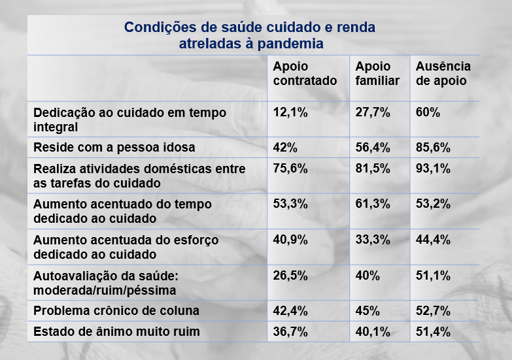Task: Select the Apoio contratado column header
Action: (x=305, y=74)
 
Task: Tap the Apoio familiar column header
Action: (x=377, y=74)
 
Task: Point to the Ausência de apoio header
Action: (x=443, y=74)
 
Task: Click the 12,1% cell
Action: (x=290, y=112)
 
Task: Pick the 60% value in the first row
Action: (x=428, y=112)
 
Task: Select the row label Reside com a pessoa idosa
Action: (x=114, y=148)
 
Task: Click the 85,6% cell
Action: (x=433, y=148)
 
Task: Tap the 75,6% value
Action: (x=290, y=169)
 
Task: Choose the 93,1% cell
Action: (x=433, y=169)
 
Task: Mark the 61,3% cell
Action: (x=372, y=204)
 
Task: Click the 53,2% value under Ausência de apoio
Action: (x=433, y=204)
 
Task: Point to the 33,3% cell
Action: (x=372, y=240)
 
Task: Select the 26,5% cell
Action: (x=290, y=275)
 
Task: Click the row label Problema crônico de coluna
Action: (x=116, y=310)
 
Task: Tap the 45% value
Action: (x=367, y=310)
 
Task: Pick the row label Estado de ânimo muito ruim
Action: (x=116, y=332)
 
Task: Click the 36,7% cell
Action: (x=290, y=332)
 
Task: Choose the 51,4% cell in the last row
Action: (x=433, y=332)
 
